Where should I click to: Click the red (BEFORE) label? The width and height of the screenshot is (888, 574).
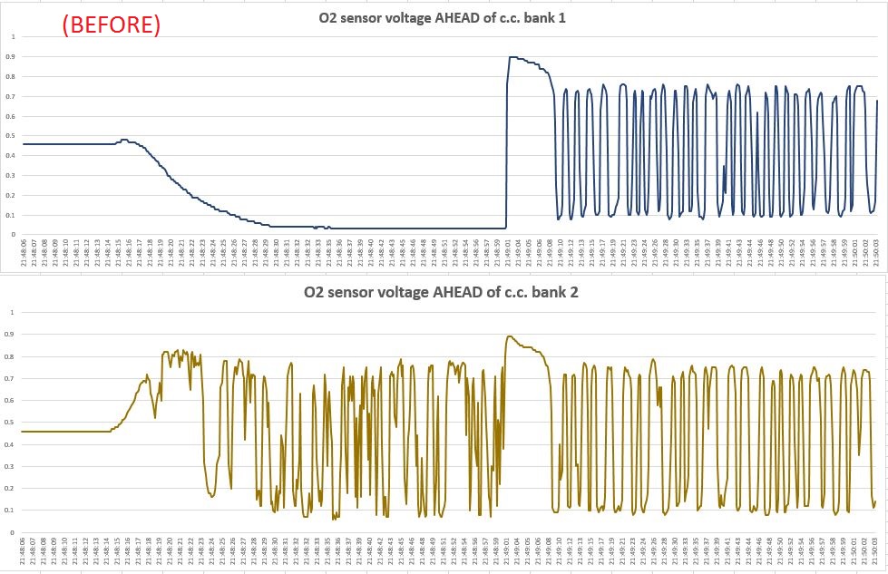[x=111, y=25]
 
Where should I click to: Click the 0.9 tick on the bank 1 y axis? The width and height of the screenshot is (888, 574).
[x=13, y=57]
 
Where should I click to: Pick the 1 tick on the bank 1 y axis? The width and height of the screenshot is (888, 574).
[x=13, y=36]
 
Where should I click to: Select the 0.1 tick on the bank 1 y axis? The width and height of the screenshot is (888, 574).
[x=13, y=216]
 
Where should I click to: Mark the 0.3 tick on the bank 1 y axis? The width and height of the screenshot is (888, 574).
[x=13, y=176]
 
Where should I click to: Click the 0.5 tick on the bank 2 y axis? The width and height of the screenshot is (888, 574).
[x=13, y=422]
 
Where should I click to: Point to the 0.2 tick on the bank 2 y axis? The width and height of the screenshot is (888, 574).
[x=13, y=488]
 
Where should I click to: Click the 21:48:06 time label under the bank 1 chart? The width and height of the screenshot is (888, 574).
[x=24, y=250]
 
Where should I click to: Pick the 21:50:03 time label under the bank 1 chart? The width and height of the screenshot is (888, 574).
[x=877, y=250]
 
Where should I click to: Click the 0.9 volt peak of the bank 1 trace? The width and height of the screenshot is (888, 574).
[x=512, y=57]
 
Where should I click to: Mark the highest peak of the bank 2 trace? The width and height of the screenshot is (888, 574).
[x=510, y=336]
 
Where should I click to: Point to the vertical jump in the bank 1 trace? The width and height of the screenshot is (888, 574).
[x=506, y=145]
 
